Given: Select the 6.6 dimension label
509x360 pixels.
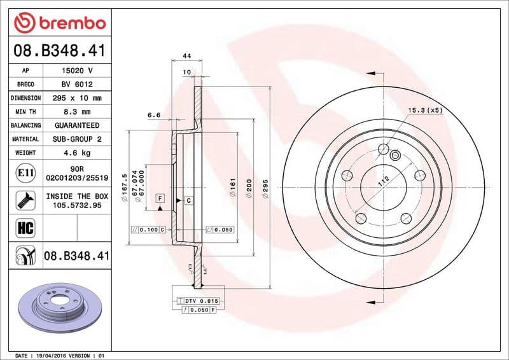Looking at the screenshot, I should [x=153, y=115].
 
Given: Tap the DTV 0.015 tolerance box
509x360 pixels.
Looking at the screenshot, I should [x=202, y=300].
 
